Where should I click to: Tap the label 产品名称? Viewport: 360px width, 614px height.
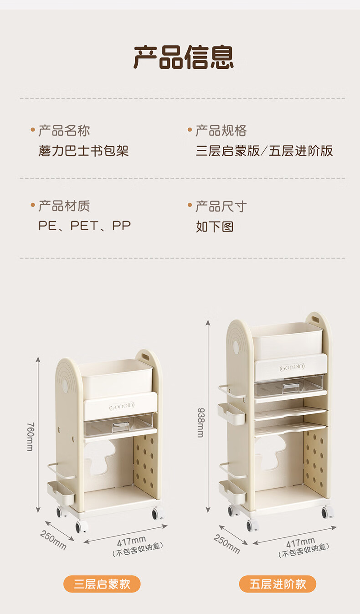pyautogui.click(x=64, y=131)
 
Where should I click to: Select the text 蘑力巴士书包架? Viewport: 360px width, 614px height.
pyautogui.click(x=83, y=150)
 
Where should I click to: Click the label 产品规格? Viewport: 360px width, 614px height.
pyautogui.click(x=221, y=131)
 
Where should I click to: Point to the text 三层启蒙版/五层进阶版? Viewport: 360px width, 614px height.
pyautogui.click(x=264, y=150)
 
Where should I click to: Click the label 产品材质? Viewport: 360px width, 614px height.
pyautogui.click(x=64, y=206)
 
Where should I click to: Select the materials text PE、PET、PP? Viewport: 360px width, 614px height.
pyautogui.click(x=84, y=225)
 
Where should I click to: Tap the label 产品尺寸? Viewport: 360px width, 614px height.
pyautogui.click(x=221, y=206)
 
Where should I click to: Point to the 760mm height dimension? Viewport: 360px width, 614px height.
pyautogui.click(x=30, y=436)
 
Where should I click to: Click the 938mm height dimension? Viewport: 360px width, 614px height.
pyautogui.click(x=200, y=422)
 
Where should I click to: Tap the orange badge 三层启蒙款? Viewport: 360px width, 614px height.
pyautogui.click(x=102, y=584)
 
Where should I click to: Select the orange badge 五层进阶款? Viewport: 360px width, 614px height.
pyautogui.click(x=278, y=584)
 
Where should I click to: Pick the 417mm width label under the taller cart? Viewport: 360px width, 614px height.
pyautogui.click(x=300, y=542)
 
